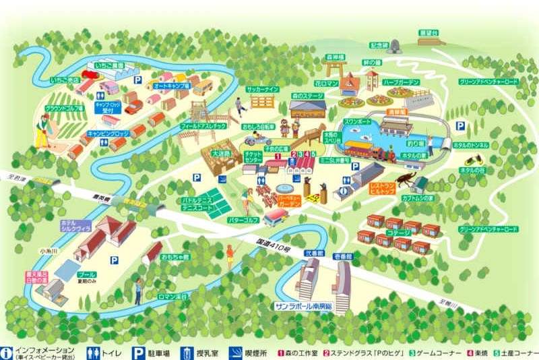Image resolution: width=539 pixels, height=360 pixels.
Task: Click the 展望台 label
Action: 429,32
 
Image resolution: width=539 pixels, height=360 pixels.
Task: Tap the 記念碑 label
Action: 379,45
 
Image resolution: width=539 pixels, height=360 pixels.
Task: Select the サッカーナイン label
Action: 260,89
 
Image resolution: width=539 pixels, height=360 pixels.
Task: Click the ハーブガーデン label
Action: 401,82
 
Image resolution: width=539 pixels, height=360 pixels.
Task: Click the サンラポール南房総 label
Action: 304,305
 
